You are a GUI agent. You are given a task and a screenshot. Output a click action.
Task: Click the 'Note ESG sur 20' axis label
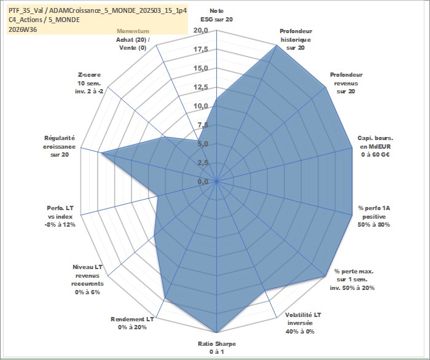coord(217,15)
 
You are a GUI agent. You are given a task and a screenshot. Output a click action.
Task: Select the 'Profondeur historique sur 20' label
coord(295,39)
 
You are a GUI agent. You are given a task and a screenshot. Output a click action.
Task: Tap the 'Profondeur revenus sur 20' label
coord(346,83)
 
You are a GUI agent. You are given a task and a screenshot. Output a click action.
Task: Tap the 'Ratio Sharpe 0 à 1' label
coord(217,348)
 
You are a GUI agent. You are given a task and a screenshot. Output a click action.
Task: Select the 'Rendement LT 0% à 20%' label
coord(132,323)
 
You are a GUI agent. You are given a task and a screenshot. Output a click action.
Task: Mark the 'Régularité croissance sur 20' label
coord(59,146)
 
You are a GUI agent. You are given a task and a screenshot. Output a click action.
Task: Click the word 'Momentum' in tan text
coord(133,31)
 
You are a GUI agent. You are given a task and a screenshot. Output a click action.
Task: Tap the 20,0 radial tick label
coord(201,31)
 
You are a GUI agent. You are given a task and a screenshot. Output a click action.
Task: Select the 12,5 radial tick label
coord(201,87)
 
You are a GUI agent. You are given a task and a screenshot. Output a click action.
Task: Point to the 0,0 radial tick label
coord(203,181)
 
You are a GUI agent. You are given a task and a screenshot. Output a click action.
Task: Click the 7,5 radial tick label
coord(203,125)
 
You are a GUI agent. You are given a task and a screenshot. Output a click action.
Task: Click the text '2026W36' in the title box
coord(23,29)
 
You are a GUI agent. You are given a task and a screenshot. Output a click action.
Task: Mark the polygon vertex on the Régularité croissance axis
coord(101,153)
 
